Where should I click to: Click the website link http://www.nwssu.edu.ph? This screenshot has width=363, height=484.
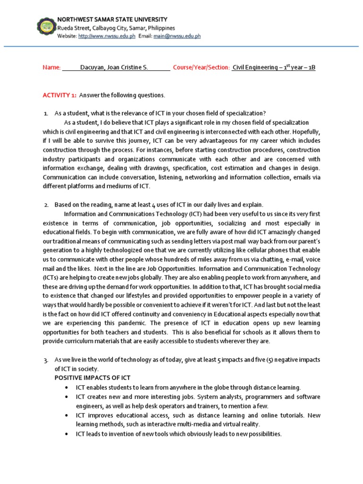click(x=107, y=36)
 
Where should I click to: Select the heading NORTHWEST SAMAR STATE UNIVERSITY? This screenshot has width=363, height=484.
click(x=112, y=19)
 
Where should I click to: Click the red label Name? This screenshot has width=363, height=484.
click(x=52, y=68)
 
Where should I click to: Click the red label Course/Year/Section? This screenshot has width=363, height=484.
click(x=201, y=68)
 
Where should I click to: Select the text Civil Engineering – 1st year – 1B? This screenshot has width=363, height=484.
click(x=274, y=68)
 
